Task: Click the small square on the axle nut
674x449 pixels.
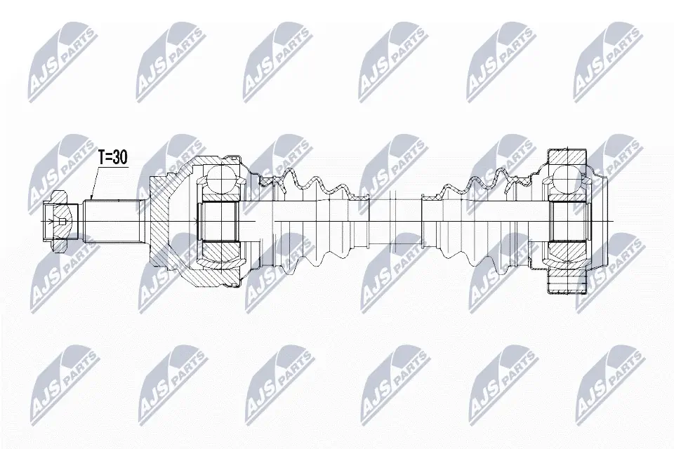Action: pyautogui.click(x=62, y=222)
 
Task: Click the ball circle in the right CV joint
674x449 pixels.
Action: pyautogui.click(x=567, y=180)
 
